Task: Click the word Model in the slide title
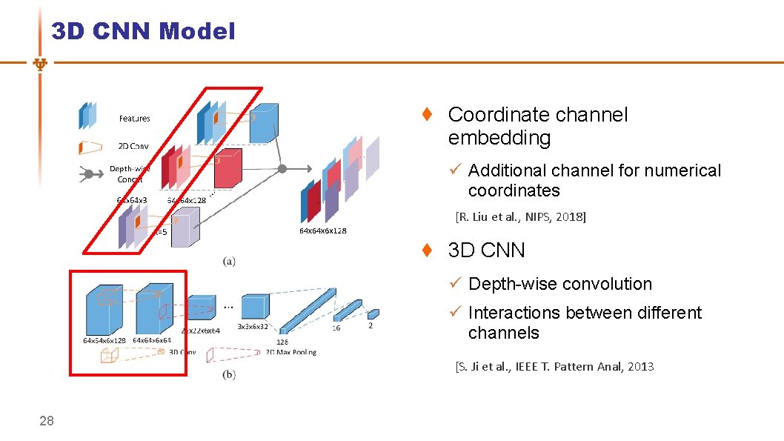[197, 31]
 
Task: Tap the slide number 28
[47, 421]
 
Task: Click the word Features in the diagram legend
[134, 119]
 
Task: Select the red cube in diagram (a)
[227, 169]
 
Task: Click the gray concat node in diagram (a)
[282, 169]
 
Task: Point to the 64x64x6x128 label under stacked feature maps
[322, 231]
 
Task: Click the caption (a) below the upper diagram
[230, 261]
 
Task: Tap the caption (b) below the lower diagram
[229, 375]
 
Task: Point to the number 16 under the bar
[336, 328]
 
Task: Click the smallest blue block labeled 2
[373, 314]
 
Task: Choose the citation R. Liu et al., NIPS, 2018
[520, 217]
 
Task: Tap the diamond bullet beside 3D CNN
[427, 251]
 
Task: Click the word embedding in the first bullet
[499, 138]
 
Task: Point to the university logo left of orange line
[41, 64]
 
